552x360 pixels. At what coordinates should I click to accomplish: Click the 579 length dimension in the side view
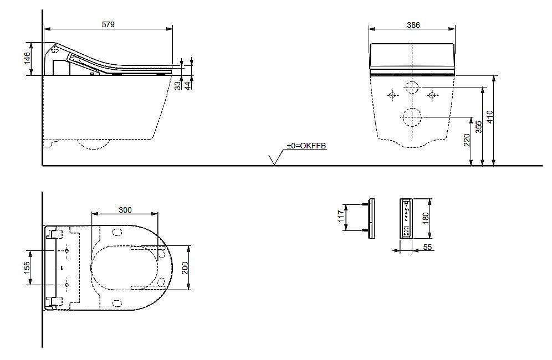109,24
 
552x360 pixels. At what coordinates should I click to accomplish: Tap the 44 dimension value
188,84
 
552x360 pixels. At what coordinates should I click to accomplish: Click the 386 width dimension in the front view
413,24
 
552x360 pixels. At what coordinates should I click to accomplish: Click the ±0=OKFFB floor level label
306,146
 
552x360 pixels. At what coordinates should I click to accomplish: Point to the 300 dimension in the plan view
125,209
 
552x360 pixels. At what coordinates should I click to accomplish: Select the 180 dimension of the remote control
426,218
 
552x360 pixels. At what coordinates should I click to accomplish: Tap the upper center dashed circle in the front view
412,87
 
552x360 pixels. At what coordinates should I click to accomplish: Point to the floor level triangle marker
273,160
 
